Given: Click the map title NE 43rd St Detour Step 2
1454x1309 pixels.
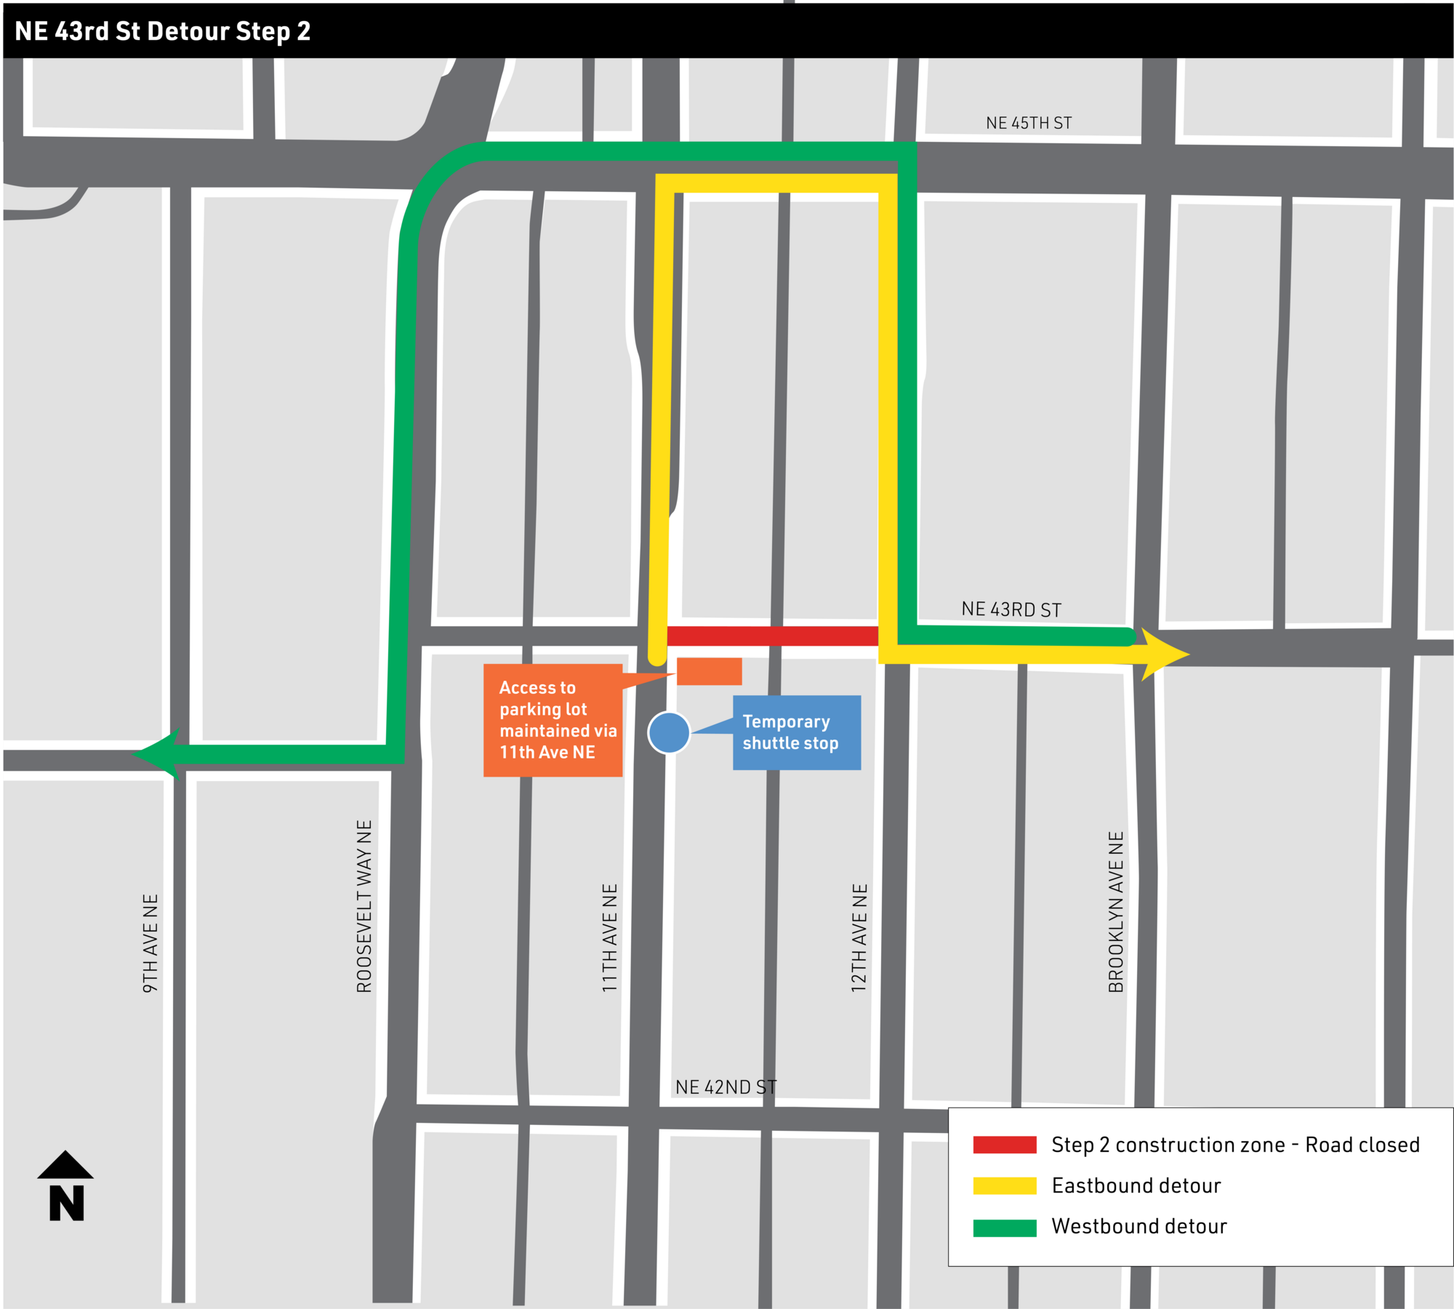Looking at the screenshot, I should coord(162,31).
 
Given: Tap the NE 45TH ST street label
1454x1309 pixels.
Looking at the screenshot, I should coord(1028,123).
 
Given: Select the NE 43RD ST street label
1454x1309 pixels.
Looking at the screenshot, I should coord(1011,609).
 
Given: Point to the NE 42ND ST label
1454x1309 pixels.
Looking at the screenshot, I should coord(726,1087).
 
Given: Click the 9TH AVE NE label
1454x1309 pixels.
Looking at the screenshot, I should coord(150,943).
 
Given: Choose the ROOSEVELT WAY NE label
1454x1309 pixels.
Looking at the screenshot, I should coord(364,906).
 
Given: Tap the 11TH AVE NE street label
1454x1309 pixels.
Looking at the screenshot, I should coord(609,938).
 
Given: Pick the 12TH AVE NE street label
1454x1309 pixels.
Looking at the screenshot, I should coord(859,938).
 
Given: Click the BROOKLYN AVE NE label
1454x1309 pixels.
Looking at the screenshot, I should coord(1116,912).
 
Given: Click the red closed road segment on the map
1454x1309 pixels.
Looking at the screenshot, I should coord(772,636).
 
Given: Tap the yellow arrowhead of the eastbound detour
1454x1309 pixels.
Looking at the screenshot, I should coord(1163,654).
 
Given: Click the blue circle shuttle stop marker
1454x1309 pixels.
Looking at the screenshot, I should coord(669,732).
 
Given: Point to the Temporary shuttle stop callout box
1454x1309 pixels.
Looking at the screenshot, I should coord(796,732).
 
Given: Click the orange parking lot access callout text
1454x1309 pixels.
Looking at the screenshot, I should coord(553,720).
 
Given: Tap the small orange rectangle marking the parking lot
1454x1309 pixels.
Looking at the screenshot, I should coord(709,671).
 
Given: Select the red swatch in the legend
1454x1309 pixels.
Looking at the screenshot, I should coord(1004,1145).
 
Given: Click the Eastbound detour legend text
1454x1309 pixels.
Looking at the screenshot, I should coord(1136,1186).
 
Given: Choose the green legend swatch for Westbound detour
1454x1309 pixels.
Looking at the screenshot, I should coord(1004,1228).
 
